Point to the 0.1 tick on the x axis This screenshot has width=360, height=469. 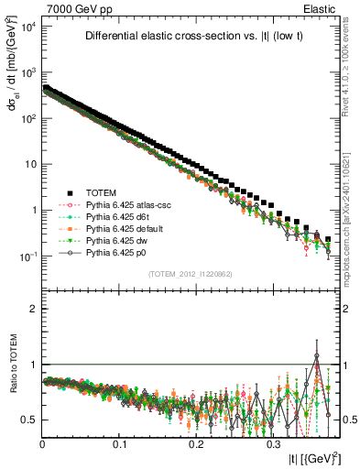point(120,442)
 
